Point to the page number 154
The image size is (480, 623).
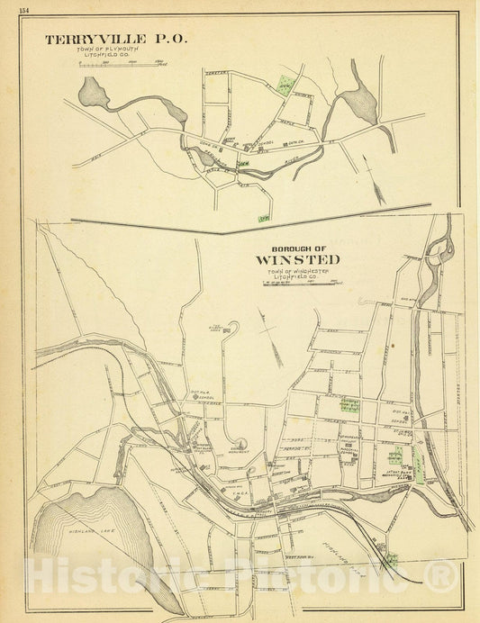pyautogui.click(x=9, y=8)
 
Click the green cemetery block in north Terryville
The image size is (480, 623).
pyautogui.click(x=285, y=86)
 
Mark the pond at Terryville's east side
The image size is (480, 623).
pyautogui.click(x=352, y=101)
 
